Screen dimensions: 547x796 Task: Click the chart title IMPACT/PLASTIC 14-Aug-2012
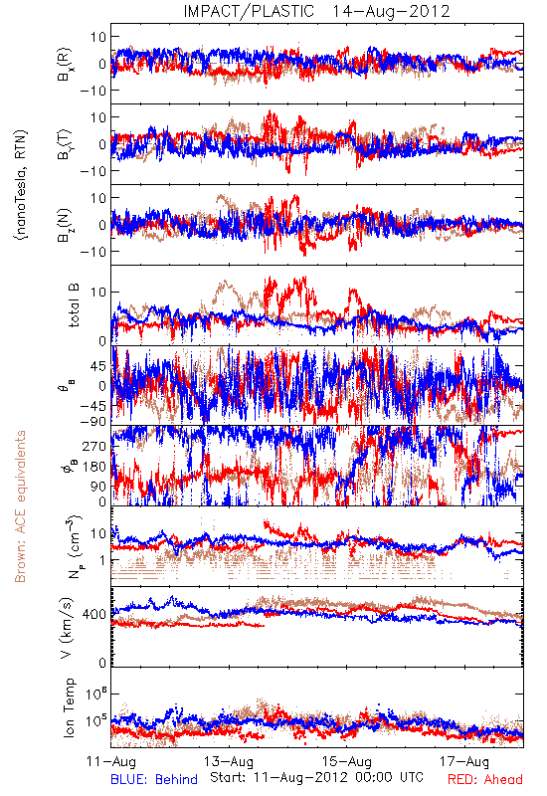click(316, 11)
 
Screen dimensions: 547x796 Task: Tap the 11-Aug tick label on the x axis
click(111, 761)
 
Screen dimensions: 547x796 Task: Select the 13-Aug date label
click(229, 761)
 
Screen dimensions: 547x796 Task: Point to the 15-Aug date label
click(347, 761)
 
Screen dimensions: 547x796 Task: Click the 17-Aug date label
click(464, 761)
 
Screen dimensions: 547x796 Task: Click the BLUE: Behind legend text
click(154, 780)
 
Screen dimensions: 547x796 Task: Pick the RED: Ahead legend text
click(485, 780)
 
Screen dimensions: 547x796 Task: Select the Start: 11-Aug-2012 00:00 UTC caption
click(316, 777)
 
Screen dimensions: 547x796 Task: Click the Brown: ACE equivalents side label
click(20, 506)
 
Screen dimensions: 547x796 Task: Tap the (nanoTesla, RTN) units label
click(21, 185)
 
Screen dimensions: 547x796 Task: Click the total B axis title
click(74, 305)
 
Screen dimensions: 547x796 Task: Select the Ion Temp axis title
click(69, 707)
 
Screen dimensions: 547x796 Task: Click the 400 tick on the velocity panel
click(95, 615)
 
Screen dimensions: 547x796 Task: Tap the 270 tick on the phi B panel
click(95, 446)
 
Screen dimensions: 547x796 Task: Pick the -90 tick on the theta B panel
click(93, 422)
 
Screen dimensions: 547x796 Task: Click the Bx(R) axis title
click(65, 65)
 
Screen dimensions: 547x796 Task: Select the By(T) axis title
click(65, 144)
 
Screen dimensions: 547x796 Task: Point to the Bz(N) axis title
click(65, 225)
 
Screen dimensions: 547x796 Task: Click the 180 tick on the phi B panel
click(95, 466)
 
